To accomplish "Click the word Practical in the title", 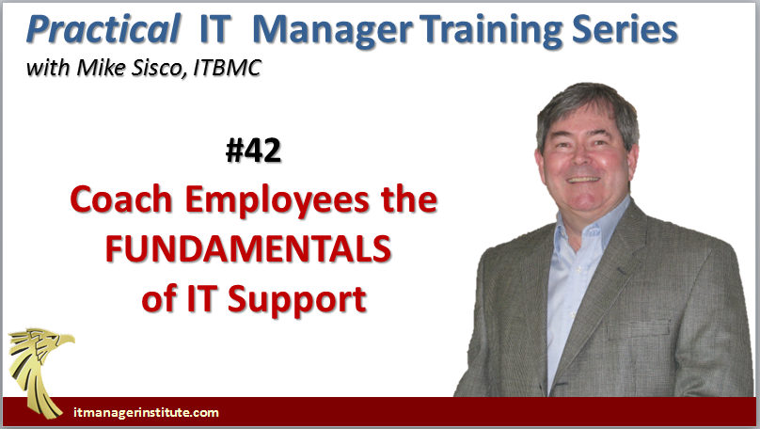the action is tap(103, 30).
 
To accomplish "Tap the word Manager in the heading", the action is tap(333, 31).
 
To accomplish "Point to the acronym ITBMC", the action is tap(227, 69).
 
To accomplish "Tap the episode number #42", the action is tap(253, 151).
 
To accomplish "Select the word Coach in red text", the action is tap(121, 199).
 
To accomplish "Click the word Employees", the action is tap(277, 200).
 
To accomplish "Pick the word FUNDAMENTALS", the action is tap(248, 249).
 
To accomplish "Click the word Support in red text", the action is tap(296, 300).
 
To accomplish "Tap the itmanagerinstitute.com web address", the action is tap(146, 412).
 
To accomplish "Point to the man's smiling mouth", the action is tap(583, 180).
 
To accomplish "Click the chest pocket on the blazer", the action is tap(639, 330).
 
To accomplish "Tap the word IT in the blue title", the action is tap(214, 30).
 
